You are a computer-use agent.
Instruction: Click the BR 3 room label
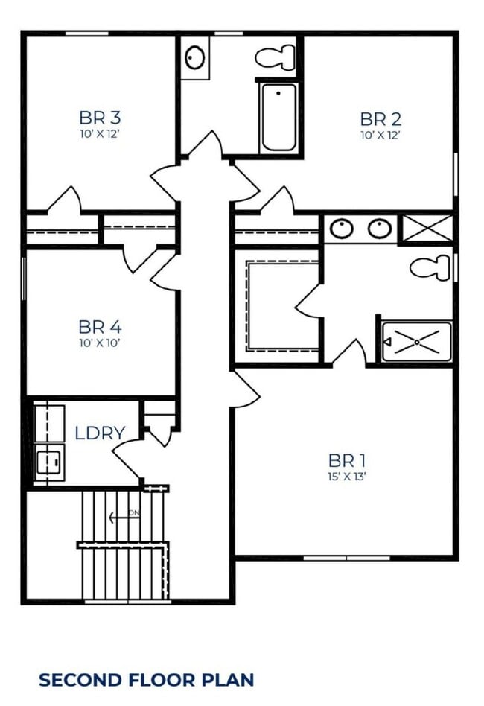[x=100, y=118]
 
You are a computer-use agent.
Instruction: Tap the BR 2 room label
[x=380, y=118]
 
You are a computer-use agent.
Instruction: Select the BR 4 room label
[x=100, y=327]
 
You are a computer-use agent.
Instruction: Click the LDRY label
[x=99, y=433]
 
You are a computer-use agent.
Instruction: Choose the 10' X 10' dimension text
[x=100, y=343]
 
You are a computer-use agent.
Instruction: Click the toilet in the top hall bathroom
[x=275, y=56]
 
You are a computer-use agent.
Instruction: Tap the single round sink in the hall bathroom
[x=196, y=57]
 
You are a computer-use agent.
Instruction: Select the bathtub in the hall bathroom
[x=279, y=118]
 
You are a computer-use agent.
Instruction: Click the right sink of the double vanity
[x=378, y=228]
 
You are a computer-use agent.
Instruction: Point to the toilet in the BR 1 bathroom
[x=432, y=266]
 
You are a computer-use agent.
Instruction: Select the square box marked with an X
[x=427, y=228]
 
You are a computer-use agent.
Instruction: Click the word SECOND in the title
[x=77, y=679]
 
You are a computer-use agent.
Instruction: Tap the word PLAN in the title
[x=232, y=679]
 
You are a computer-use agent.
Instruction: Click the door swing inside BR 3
[x=66, y=199]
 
